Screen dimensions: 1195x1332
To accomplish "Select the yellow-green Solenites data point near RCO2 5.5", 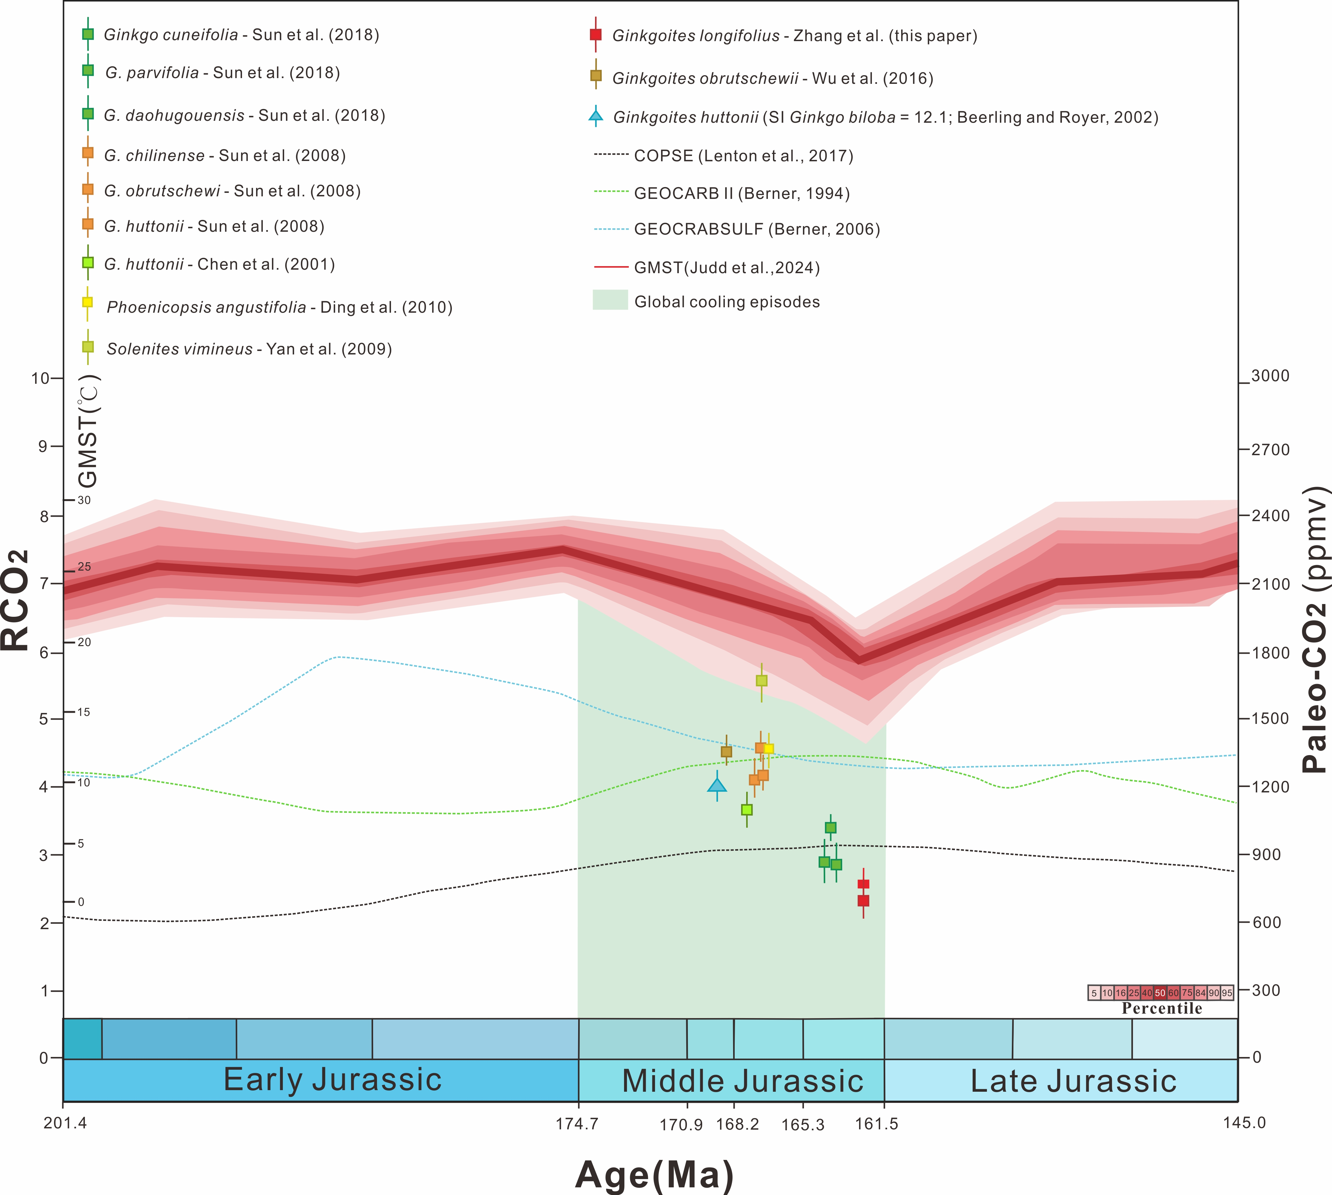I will coord(761,680).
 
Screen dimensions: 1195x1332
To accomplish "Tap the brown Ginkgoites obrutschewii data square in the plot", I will coord(726,751).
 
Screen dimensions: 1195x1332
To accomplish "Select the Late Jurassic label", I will coord(1073,1082).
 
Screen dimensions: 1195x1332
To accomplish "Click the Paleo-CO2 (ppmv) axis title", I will coord(1315,630).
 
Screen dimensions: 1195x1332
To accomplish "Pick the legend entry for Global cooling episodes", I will coord(726,302).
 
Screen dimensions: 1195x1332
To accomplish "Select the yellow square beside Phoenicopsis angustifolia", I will coord(87,303).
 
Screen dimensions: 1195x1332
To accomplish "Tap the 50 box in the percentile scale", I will coord(1160,993).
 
